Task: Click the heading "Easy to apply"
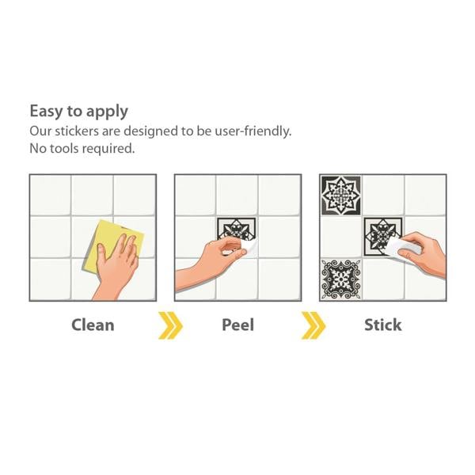(78, 112)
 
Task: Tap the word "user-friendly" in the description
(253, 131)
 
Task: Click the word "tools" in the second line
(64, 149)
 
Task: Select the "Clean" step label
(93, 325)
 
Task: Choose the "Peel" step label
(237, 325)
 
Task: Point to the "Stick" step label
(383, 325)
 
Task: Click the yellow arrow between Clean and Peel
(170, 325)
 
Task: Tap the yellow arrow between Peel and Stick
(313, 325)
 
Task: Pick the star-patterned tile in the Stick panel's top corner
(340, 196)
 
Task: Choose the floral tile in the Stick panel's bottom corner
(340, 279)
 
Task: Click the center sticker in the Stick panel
(383, 236)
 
